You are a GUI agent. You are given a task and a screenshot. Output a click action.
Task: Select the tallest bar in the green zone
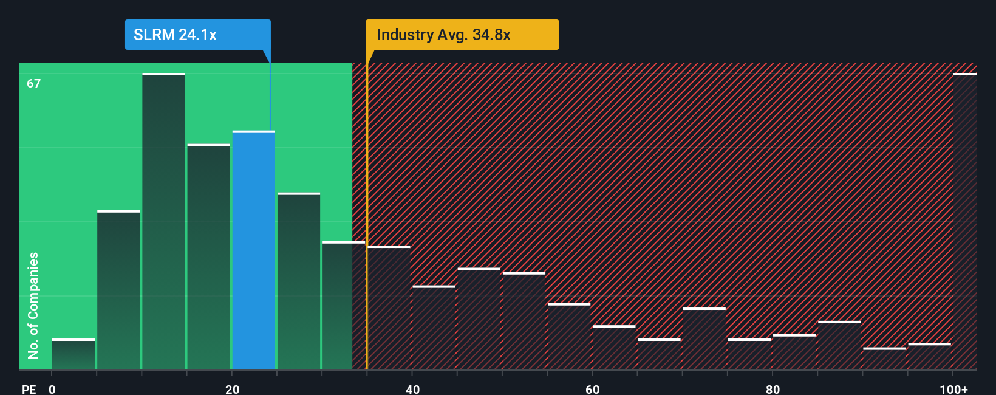163,222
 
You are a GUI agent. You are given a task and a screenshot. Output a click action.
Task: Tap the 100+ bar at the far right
964,222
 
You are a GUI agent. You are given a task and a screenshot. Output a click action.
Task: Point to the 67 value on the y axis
33,83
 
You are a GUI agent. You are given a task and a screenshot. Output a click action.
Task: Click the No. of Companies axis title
33,305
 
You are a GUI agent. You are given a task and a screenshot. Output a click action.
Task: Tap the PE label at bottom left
29,389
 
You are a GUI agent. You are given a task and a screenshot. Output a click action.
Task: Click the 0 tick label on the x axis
52,389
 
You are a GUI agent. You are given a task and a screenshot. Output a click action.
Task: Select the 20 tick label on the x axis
232,389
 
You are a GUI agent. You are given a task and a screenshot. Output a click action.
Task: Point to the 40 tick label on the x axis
412,389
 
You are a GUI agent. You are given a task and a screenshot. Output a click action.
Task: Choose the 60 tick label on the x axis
592,389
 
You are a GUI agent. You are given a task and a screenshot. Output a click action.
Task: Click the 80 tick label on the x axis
773,389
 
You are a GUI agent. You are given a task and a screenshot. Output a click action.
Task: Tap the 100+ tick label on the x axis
953,389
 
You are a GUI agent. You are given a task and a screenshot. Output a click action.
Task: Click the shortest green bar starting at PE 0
73,355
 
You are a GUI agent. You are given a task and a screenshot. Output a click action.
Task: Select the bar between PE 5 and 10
118,290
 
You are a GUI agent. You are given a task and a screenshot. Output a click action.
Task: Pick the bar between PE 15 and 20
208,257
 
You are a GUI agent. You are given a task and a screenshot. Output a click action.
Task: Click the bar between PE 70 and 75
704,339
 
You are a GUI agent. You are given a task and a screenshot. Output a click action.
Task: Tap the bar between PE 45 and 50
479,319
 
